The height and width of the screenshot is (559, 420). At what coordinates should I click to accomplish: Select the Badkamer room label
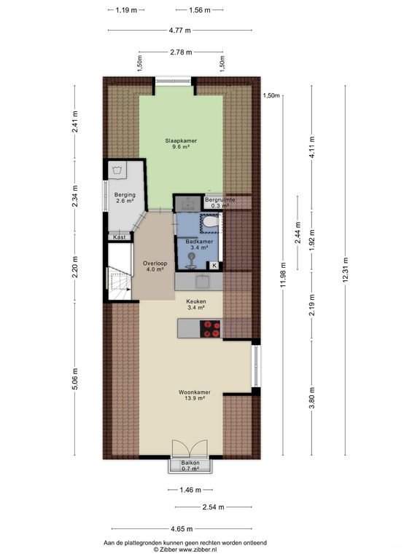[x=198, y=245]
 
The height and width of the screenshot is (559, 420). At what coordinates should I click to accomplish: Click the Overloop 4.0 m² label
[x=153, y=266]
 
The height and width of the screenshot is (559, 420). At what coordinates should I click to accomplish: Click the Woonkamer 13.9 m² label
[x=191, y=395]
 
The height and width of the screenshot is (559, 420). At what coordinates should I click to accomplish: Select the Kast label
[x=118, y=237]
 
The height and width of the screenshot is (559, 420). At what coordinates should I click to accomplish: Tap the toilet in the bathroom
[x=211, y=223]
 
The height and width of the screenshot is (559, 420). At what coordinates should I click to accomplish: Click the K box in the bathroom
[x=214, y=266]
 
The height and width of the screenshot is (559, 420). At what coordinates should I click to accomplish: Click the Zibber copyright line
[x=184, y=550]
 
